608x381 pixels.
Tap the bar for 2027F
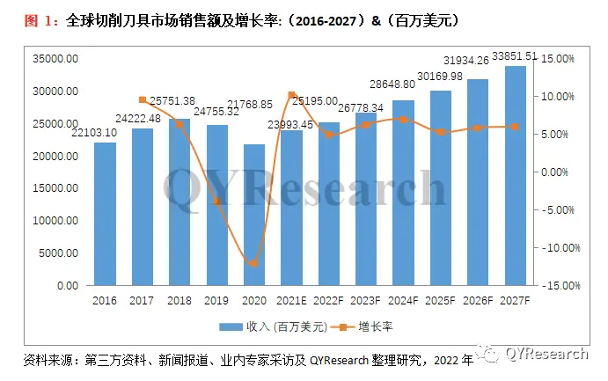tap(516, 176)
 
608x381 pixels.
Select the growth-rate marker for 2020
tap(254, 263)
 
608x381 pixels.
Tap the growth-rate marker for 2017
tap(143, 99)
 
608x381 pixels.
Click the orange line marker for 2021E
tap(291, 94)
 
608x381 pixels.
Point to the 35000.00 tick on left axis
tap(55, 59)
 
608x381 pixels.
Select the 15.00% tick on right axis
tap(556, 59)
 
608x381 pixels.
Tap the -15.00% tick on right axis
tap(556, 286)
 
